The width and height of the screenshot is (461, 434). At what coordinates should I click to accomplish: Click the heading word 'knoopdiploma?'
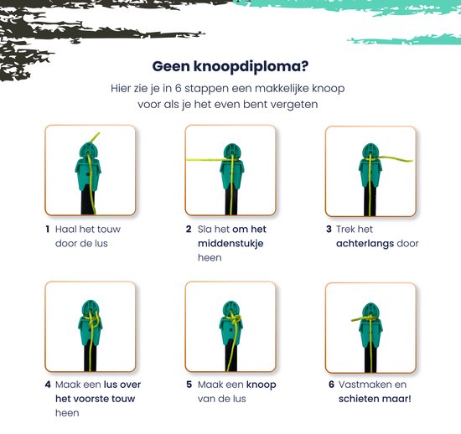pos(251,67)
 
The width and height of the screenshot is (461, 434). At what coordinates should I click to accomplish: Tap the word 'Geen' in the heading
pos(171,66)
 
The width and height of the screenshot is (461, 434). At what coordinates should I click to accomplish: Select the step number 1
pos(47,230)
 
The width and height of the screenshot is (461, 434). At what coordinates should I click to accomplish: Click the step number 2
pos(189,230)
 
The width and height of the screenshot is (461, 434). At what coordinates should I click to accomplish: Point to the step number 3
pos(329,230)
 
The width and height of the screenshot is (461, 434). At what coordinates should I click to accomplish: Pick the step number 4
pos(48,385)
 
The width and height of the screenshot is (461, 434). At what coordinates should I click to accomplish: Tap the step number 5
pos(189,385)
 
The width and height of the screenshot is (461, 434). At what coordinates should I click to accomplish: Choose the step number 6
pos(331,385)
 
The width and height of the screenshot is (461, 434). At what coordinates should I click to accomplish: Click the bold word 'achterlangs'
pos(365,244)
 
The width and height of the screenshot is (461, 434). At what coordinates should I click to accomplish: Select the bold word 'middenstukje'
pos(230,244)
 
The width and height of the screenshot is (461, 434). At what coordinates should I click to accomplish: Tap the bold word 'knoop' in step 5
pos(261,385)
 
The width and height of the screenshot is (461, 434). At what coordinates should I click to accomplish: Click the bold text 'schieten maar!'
pos(375,399)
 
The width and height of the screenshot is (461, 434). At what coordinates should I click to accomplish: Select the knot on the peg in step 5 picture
pos(236,319)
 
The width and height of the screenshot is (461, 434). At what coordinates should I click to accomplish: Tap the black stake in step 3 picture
pos(370,199)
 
